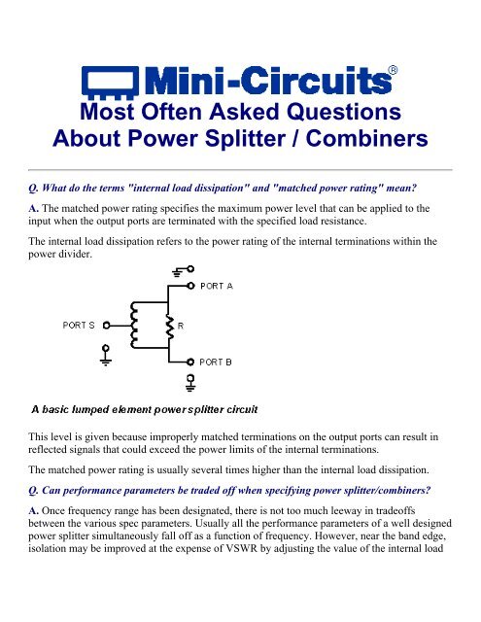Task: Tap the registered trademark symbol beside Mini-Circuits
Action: (393, 69)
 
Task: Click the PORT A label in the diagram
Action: (222, 287)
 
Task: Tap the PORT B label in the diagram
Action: (222, 360)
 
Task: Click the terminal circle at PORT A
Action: (190, 287)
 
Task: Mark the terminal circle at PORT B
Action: (190, 360)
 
